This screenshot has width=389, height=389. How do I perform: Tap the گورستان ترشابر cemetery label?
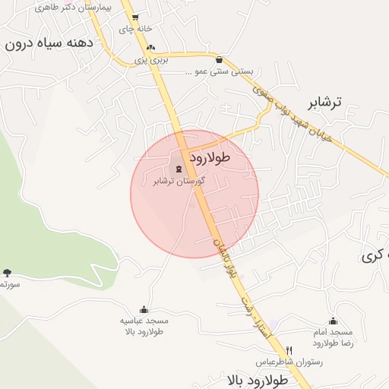tap(180, 181)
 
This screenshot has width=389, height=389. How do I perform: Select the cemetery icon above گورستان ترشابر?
tap(179, 169)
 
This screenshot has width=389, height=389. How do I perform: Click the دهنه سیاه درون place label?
tap(49, 43)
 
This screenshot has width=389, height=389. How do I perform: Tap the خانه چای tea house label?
tap(132, 29)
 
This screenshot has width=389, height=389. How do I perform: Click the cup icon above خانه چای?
tap(134, 16)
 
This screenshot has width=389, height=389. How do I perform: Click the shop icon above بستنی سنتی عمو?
tap(220, 59)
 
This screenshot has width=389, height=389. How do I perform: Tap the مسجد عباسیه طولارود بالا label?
tap(144, 326)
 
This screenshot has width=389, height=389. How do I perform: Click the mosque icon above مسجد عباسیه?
tap(144, 309)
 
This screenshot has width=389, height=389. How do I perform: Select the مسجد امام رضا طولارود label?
tap(333, 338)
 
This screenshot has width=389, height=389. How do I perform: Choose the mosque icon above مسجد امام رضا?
tap(333, 321)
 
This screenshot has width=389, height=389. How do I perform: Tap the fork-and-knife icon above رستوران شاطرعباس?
tap(289, 350)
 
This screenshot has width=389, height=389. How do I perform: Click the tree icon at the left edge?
tap(7, 272)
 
